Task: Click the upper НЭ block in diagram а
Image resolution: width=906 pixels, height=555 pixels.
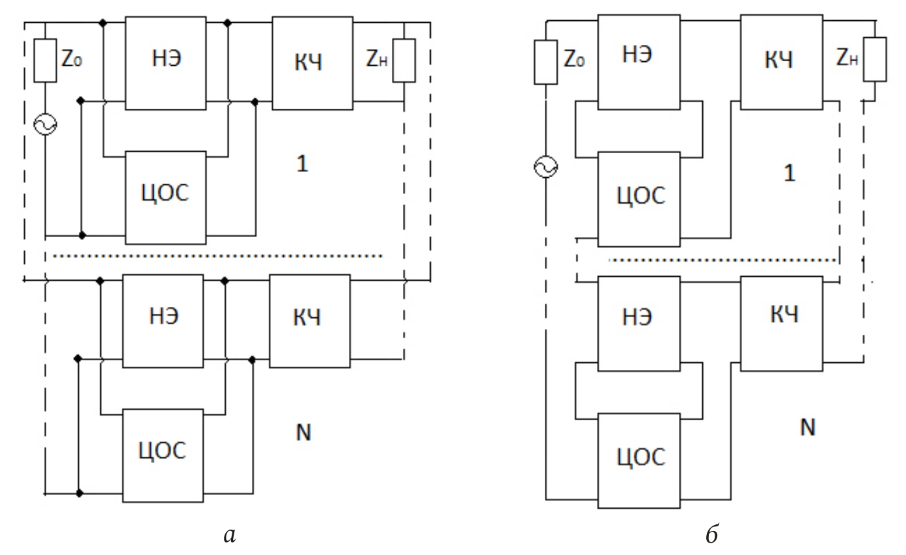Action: coord(165,63)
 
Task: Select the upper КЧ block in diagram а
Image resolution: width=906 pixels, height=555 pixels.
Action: coord(312,63)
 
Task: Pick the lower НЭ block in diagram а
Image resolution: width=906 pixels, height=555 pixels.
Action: coord(163,317)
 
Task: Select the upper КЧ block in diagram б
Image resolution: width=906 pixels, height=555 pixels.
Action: coord(781,61)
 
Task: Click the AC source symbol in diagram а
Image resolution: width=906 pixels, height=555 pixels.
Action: coord(46,126)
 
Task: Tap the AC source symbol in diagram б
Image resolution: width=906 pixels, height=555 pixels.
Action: coord(545,169)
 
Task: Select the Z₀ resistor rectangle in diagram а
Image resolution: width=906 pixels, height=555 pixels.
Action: coord(46,61)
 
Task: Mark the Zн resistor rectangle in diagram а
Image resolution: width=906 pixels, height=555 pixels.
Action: coord(404,61)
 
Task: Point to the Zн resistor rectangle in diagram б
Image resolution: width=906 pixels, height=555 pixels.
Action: coord(875,59)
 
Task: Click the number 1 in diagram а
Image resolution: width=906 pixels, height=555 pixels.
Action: coord(301,164)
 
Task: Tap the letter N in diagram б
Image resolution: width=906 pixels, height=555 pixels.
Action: coord(807,427)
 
